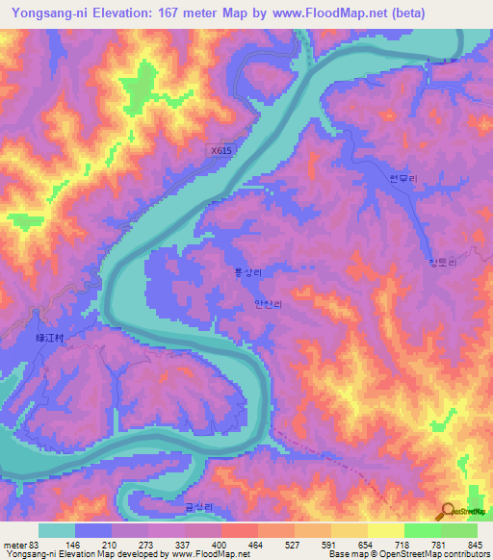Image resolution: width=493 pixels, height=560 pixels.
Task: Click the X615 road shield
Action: click(221, 151)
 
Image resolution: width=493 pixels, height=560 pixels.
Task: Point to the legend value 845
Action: click(470, 545)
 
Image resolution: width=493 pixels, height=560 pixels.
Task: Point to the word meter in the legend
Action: click(15, 545)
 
